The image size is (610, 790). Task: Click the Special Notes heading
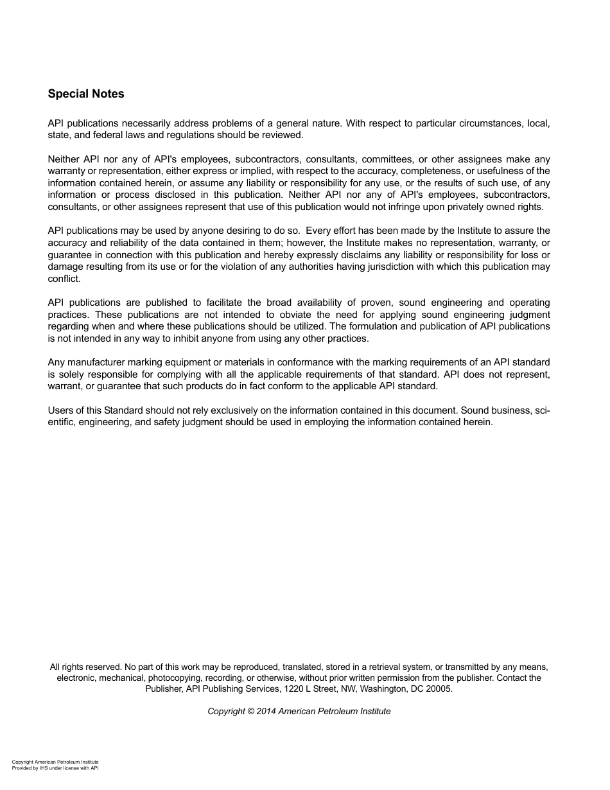[x=86, y=94]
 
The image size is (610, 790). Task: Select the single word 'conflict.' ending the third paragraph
[x=64, y=279]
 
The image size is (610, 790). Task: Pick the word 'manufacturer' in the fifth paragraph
[x=96, y=362]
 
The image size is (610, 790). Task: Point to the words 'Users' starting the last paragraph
[x=60, y=410]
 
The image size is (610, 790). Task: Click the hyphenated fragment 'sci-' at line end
[x=542, y=410]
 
